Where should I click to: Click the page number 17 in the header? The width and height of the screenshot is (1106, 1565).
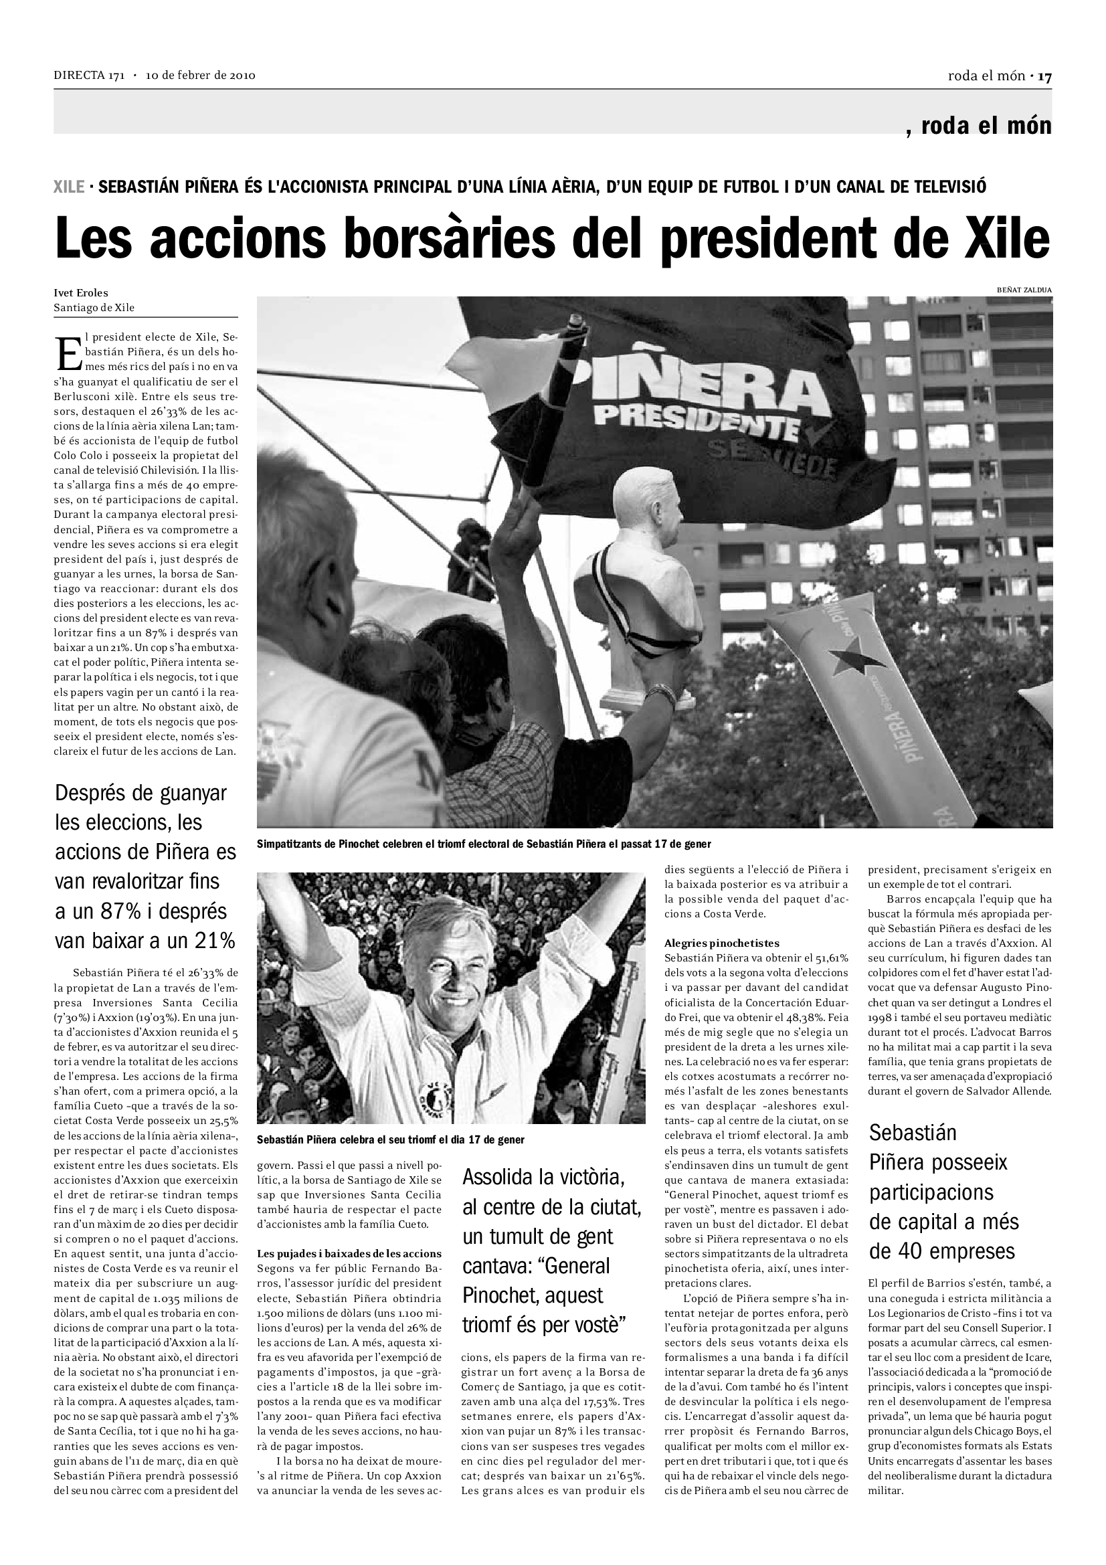(x=1044, y=76)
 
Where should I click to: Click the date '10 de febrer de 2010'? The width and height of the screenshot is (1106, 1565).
(x=200, y=76)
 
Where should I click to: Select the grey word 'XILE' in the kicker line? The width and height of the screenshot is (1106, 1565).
(x=69, y=187)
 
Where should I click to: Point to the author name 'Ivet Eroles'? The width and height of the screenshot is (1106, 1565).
(x=81, y=293)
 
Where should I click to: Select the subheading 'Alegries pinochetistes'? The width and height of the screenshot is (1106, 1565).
(x=722, y=943)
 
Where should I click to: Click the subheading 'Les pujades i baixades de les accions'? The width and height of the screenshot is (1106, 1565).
(x=349, y=1253)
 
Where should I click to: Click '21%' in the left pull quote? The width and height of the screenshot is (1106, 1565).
(x=213, y=941)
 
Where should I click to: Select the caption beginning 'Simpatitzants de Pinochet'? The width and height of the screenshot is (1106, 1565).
(x=484, y=844)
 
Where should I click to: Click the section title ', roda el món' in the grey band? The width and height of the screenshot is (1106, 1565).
(x=979, y=126)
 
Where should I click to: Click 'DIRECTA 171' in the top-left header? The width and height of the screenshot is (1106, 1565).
(x=88, y=76)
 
